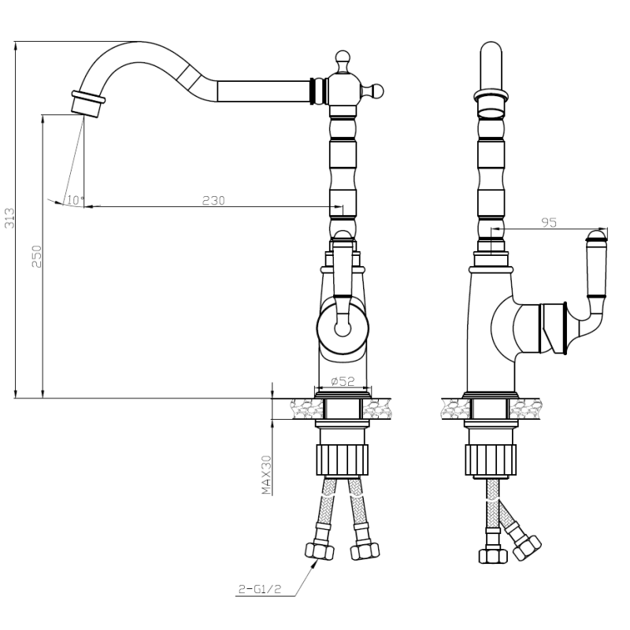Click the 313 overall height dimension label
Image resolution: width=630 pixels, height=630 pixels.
tap(9, 218)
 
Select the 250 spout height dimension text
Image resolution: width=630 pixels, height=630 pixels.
tap(37, 257)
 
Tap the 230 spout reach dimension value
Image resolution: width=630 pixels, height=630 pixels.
tap(213, 200)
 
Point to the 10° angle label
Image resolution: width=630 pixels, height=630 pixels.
tap(76, 200)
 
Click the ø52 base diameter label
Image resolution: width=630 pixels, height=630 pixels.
tap(343, 380)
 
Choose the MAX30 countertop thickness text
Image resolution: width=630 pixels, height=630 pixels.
tap(266, 475)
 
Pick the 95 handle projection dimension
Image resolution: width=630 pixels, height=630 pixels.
tap(549, 222)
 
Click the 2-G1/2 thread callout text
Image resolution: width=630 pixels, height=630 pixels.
tap(261, 589)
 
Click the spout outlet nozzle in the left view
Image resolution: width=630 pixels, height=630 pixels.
tap(87, 104)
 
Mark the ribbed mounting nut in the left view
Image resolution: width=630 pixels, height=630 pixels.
tap(343, 460)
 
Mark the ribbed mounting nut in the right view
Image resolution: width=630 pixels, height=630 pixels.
tap(491, 460)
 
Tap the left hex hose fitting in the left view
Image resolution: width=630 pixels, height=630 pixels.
tap(320, 551)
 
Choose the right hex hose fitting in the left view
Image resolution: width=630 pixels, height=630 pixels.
tap(365, 551)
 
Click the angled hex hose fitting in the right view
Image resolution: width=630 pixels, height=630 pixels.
tap(527, 547)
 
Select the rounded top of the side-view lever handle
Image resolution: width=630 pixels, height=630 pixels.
tap(597, 235)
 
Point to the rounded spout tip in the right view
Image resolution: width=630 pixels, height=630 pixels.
tap(491, 50)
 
